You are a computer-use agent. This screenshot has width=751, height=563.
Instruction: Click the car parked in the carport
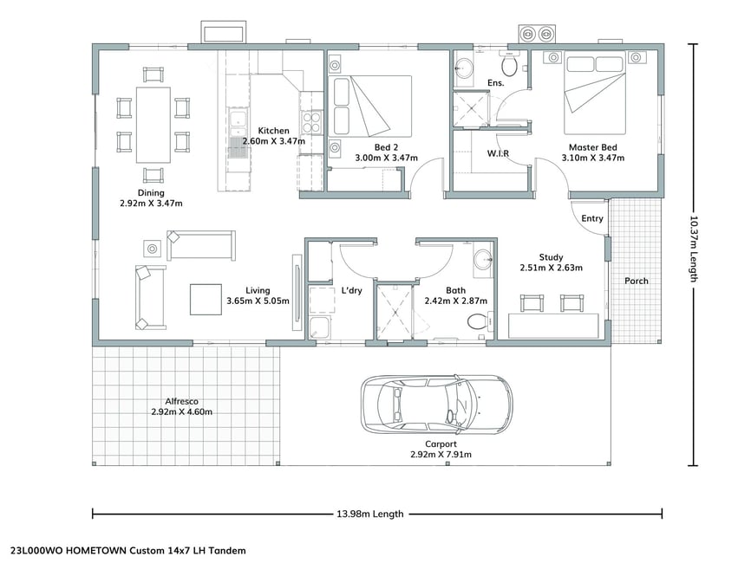tap(436, 404)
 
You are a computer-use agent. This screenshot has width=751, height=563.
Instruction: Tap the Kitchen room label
tap(273, 131)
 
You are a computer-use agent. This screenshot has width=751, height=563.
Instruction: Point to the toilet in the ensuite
tap(509, 64)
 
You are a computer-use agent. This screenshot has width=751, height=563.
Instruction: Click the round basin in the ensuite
tap(464, 68)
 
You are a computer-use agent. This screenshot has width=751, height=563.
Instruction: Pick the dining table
tap(153, 125)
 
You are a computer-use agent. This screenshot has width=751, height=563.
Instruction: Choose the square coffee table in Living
tap(206, 300)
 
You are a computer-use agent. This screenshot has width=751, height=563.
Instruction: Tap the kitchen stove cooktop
tap(311, 122)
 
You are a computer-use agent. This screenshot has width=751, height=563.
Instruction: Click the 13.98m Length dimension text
tap(370, 514)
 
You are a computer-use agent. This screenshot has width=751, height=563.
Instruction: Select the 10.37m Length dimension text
tap(693, 249)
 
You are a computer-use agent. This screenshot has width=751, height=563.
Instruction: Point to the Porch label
tap(636, 281)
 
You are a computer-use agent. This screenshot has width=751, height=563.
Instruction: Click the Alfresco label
tap(181, 401)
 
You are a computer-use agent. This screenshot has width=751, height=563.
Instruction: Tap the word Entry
tap(592, 218)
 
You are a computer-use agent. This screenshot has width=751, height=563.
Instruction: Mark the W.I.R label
tap(498, 153)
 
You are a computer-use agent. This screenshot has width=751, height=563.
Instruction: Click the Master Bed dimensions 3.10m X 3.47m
tap(593, 158)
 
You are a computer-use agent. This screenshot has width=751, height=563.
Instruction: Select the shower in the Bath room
tap(395, 312)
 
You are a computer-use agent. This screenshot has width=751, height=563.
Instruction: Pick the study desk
tap(553, 326)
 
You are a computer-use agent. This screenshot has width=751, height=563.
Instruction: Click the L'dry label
tap(351, 290)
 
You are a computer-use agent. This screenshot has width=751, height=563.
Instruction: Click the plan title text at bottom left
tap(128, 551)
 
